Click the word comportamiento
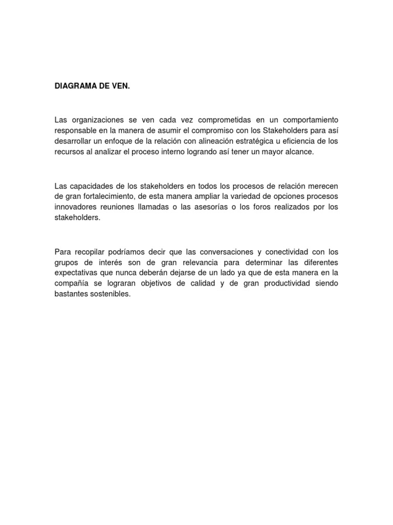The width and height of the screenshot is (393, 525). coord(308,119)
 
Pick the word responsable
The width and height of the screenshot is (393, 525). coord(75,130)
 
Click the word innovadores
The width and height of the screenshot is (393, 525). coord(76,206)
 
